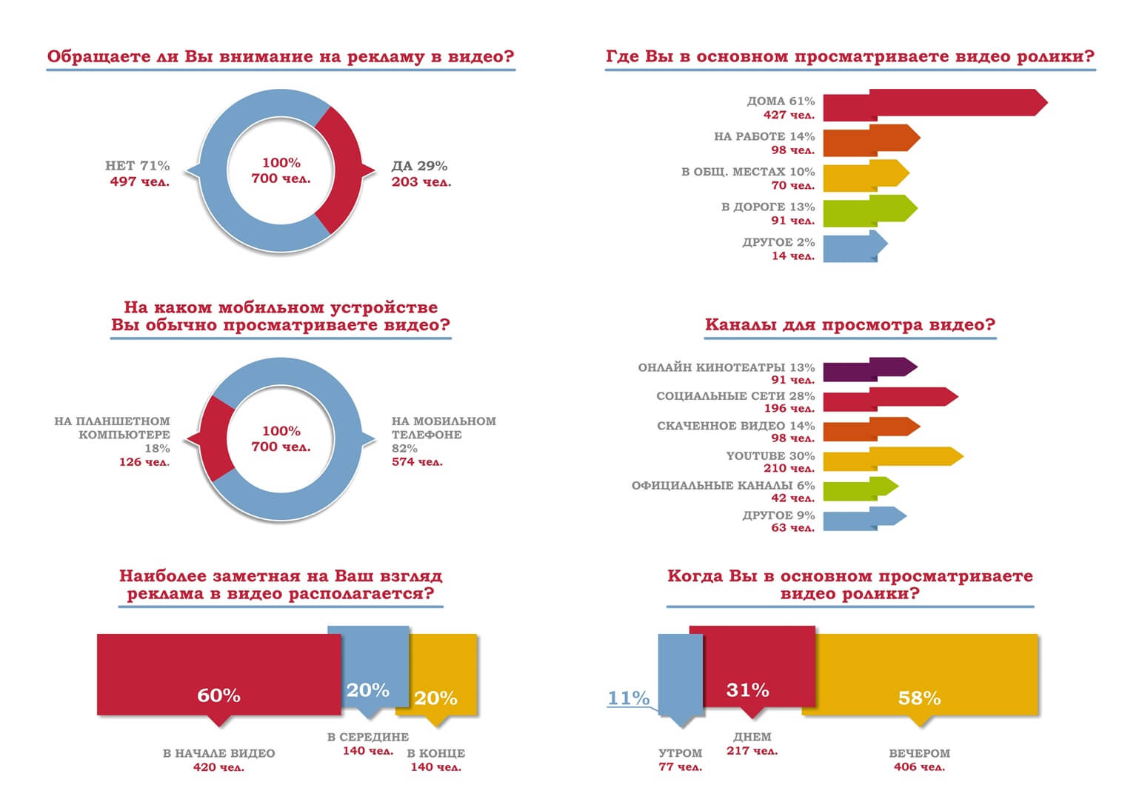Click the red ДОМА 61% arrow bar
(933, 104)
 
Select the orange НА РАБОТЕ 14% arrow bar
(870, 139)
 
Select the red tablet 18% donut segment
(216, 438)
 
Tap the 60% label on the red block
(218, 695)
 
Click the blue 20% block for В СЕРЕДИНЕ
(368, 667)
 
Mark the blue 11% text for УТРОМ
(628, 698)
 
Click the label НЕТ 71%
(137, 166)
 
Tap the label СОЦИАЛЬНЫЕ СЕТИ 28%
(735, 396)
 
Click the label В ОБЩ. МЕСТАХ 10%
(747, 172)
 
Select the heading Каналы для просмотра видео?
(849, 324)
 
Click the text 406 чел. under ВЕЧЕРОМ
(919, 767)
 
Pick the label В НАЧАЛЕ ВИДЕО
(218, 753)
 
